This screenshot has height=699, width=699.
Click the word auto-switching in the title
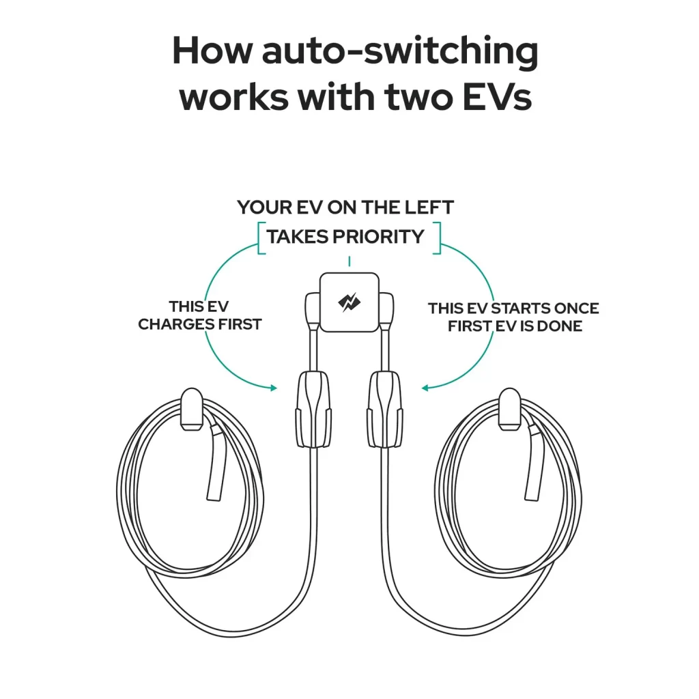pos(400,53)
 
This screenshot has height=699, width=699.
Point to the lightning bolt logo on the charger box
pos(349,302)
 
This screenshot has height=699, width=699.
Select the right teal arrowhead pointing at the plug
pos(425,388)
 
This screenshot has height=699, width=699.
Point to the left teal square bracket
pos(260,238)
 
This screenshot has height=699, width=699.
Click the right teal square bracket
pos(438,238)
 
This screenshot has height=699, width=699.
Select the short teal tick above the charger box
pos(349,261)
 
